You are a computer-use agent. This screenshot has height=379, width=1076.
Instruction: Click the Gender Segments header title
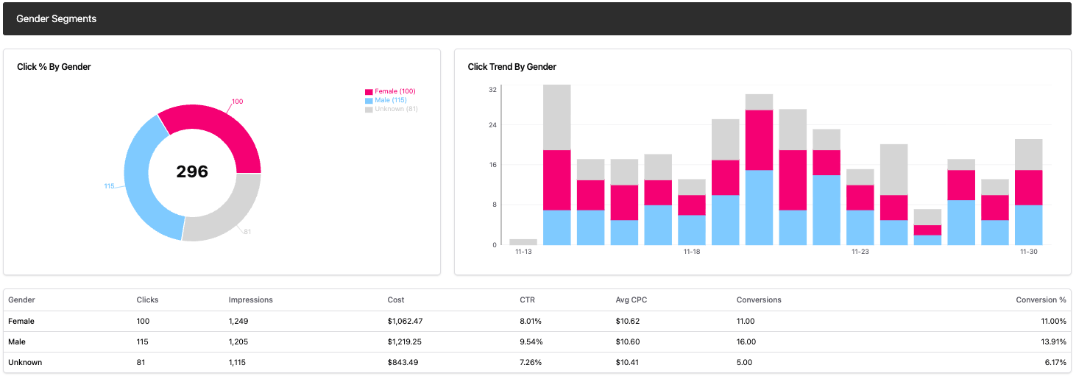point(56,18)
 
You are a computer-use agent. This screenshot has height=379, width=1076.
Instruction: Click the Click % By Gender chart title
point(54,67)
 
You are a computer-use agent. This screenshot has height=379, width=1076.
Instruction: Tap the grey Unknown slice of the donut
point(224,213)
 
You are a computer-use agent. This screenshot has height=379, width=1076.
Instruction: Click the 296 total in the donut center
point(192,172)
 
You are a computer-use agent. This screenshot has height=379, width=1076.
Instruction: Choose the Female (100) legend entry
point(394,91)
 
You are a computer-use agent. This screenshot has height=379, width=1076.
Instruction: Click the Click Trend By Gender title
point(512,67)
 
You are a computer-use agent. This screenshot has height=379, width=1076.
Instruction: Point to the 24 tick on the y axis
point(492,125)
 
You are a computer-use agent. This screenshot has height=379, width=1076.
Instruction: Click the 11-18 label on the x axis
point(691,252)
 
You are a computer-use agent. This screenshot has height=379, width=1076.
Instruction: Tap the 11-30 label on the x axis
point(1028,252)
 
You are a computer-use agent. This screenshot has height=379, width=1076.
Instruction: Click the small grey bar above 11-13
point(523,241)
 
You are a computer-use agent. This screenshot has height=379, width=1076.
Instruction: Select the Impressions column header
point(250,300)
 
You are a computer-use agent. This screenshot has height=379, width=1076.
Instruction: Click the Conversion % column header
point(1041,300)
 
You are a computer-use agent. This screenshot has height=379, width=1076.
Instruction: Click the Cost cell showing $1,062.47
point(405,322)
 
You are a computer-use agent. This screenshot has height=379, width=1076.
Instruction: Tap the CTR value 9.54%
point(531,342)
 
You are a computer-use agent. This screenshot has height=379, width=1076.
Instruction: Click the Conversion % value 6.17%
point(1052,363)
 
